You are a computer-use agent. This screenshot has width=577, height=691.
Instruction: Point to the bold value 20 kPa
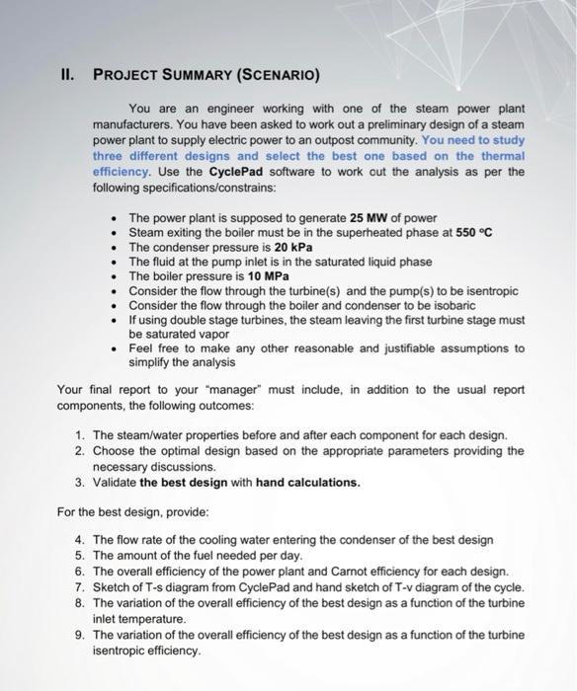tap(293, 248)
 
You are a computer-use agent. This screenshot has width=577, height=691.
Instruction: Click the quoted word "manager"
tap(229, 391)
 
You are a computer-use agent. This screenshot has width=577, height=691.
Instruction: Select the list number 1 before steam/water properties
tap(79, 435)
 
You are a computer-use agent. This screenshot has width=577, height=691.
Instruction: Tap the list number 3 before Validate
tap(79, 483)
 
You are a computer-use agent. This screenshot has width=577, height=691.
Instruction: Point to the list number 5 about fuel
tap(79, 556)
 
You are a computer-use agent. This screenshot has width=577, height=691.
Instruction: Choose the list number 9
tap(79, 635)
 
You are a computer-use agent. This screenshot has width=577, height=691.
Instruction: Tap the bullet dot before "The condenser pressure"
tap(117, 248)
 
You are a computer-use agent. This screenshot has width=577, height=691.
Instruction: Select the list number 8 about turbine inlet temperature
tap(79, 603)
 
